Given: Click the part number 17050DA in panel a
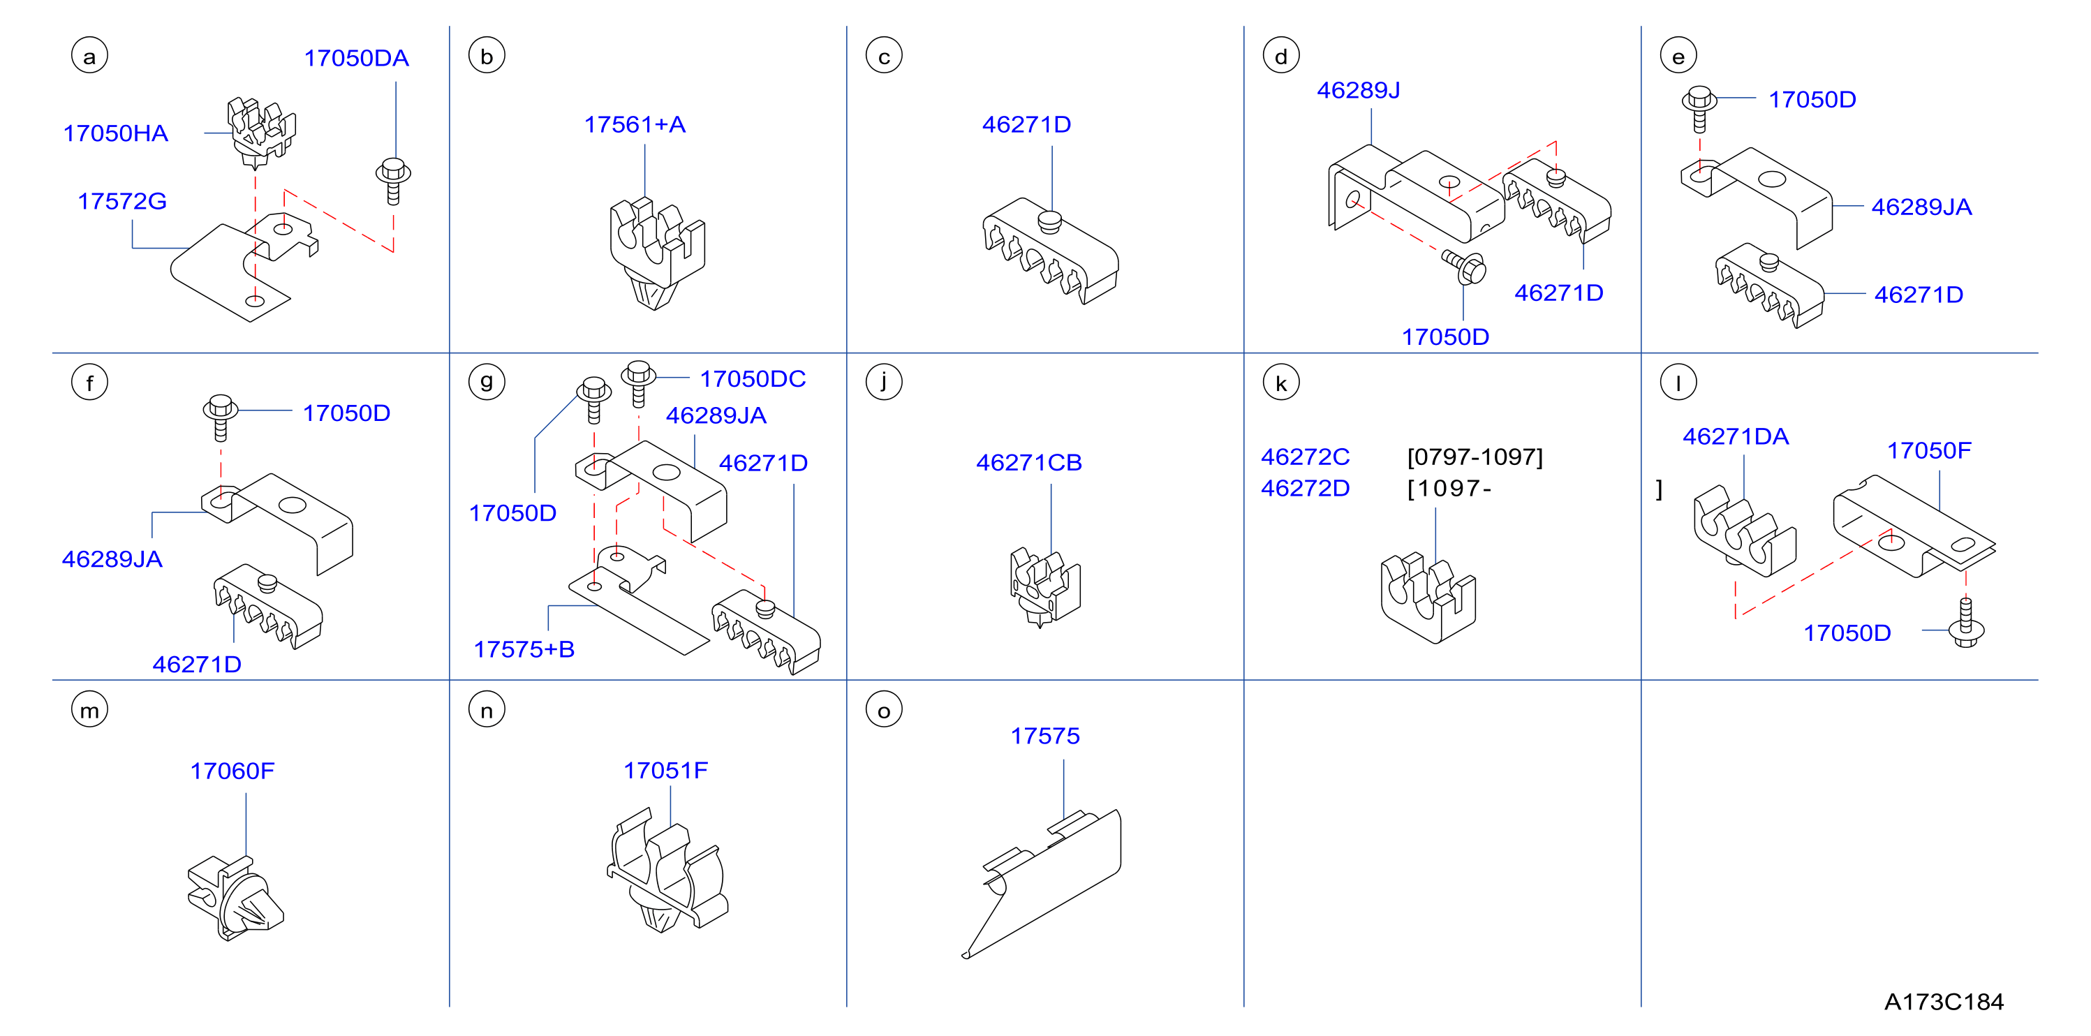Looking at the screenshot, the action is click(x=356, y=59).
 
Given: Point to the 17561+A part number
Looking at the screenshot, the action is click(x=635, y=124).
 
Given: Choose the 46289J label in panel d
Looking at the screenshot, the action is click(x=1358, y=90).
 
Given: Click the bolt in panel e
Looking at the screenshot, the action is click(x=1699, y=109).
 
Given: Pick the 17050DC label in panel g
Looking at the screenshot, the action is click(x=753, y=379).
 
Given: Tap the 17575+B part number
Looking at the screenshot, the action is click(x=524, y=649).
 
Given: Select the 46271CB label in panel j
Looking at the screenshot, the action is click(x=1029, y=463).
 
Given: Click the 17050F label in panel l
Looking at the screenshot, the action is click(x=1928, y=450).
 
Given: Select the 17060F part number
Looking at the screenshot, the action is click(x=232, y=771).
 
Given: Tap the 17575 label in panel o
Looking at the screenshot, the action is click(x=1044, y=737).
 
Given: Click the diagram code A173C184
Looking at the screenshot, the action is click(x=1943, y=1002).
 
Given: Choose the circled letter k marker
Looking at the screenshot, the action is click(x=1281, y=383).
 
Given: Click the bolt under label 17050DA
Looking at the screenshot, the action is click(x=393, y=181).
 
